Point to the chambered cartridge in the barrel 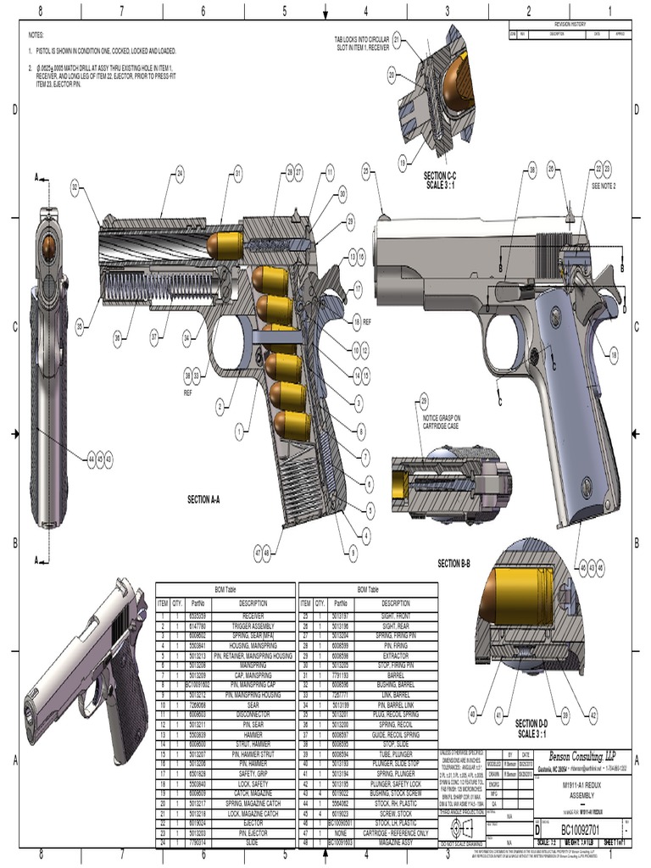(226, 246)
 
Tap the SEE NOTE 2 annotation (604, 185)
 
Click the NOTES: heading (36, 35)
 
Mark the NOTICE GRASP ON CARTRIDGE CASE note (442, 422)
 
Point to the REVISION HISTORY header (570, 24)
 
